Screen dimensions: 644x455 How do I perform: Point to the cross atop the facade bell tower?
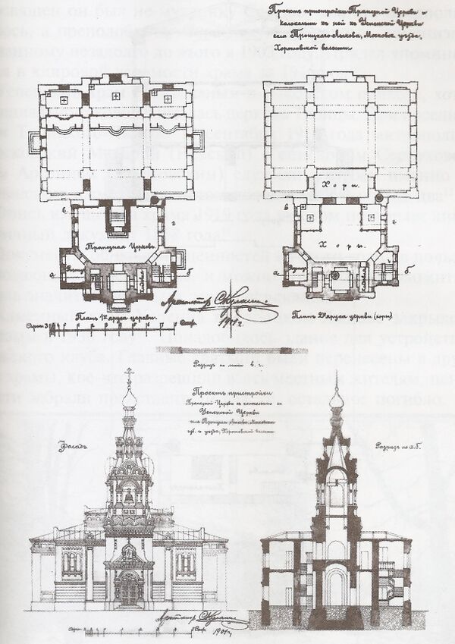[x=130, y=374]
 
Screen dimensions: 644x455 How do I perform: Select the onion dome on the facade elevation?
[x=130, y=399]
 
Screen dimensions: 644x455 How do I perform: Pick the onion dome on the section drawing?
[x=337, y=399]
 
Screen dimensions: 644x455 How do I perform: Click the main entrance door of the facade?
[x=129, y=589]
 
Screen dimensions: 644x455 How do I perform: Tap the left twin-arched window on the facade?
[x=73, y=562]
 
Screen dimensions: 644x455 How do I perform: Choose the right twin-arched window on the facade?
[x=185, y=562]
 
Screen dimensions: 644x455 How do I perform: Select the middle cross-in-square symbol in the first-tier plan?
[x=116, y=98]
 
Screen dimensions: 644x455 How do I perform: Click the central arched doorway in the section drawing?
[x=337, y=584]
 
